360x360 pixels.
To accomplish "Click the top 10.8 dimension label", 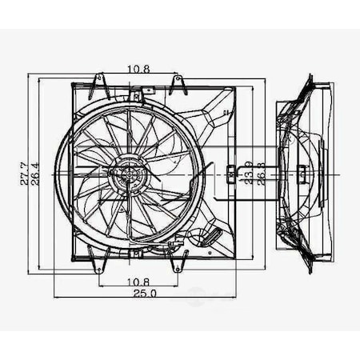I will (139, 70).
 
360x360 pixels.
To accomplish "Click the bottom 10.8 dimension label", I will (139, 281).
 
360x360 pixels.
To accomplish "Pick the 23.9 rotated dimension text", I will (248, 172).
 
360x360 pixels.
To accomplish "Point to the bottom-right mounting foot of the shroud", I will (180, 261).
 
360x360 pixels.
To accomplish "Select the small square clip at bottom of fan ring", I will (138, 251).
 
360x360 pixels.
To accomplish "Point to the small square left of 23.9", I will (230, 171).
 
